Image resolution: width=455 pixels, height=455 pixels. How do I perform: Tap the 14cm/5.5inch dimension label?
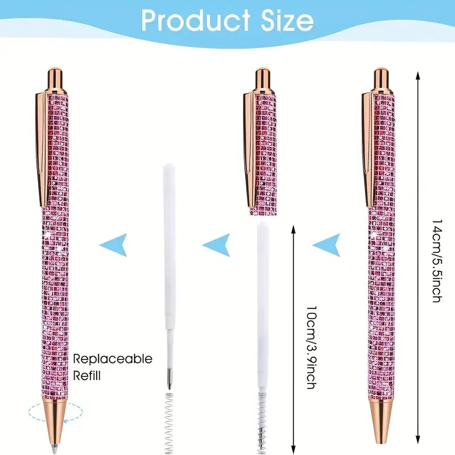[436, 260]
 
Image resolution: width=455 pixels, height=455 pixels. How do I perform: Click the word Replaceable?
[113, 359]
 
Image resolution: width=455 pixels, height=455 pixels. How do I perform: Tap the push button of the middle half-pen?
[262, 76]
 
